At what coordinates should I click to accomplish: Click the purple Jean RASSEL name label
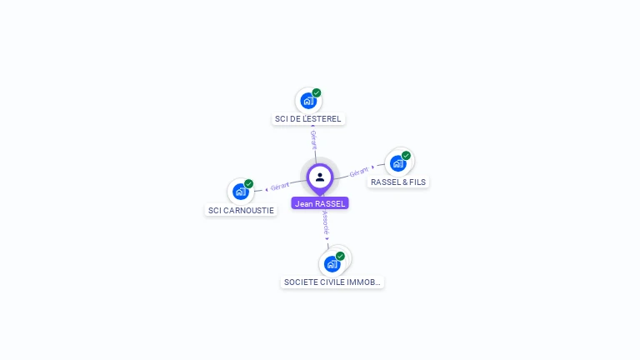[320, 203]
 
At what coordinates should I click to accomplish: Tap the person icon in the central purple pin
[320, 177]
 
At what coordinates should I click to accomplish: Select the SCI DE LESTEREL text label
[308, 119]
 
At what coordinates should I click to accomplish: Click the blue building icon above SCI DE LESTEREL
[308, 101]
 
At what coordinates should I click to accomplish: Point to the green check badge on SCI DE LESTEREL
[317, 92]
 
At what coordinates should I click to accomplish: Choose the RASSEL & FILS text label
[399, 182]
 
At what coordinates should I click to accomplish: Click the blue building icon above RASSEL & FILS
[398, 163]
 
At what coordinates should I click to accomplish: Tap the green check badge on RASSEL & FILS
[407, 155]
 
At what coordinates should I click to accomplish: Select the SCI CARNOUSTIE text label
[241, 211]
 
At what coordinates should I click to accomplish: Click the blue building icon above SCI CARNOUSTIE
[241, 192]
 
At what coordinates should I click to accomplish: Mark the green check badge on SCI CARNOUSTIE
[249, 183]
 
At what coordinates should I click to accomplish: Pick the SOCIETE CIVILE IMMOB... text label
[332, 282]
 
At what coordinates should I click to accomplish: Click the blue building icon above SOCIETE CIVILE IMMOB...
[332, 264]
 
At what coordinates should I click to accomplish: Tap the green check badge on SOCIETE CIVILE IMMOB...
[340, 256]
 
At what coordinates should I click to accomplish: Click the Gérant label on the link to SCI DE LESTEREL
[313, 139]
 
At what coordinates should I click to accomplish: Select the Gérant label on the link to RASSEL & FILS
[359, 172]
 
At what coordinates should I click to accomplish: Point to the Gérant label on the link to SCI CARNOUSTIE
[280, 187]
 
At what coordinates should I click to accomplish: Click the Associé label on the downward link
[326, 222]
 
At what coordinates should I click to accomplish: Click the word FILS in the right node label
[417, 182]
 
